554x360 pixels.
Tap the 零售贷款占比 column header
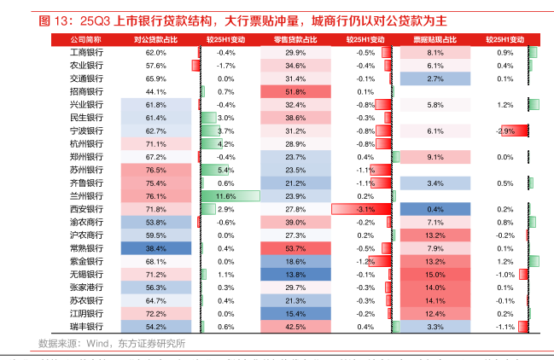(295, 39)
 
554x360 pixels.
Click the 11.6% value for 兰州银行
(226, 196)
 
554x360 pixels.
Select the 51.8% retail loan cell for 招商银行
(295, 91)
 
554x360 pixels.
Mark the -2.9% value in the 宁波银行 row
(504, 131)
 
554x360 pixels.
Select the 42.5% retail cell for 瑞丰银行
(295, 327)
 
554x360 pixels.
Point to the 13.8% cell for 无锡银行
(295, 275)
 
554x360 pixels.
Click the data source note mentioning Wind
(112, 344)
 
